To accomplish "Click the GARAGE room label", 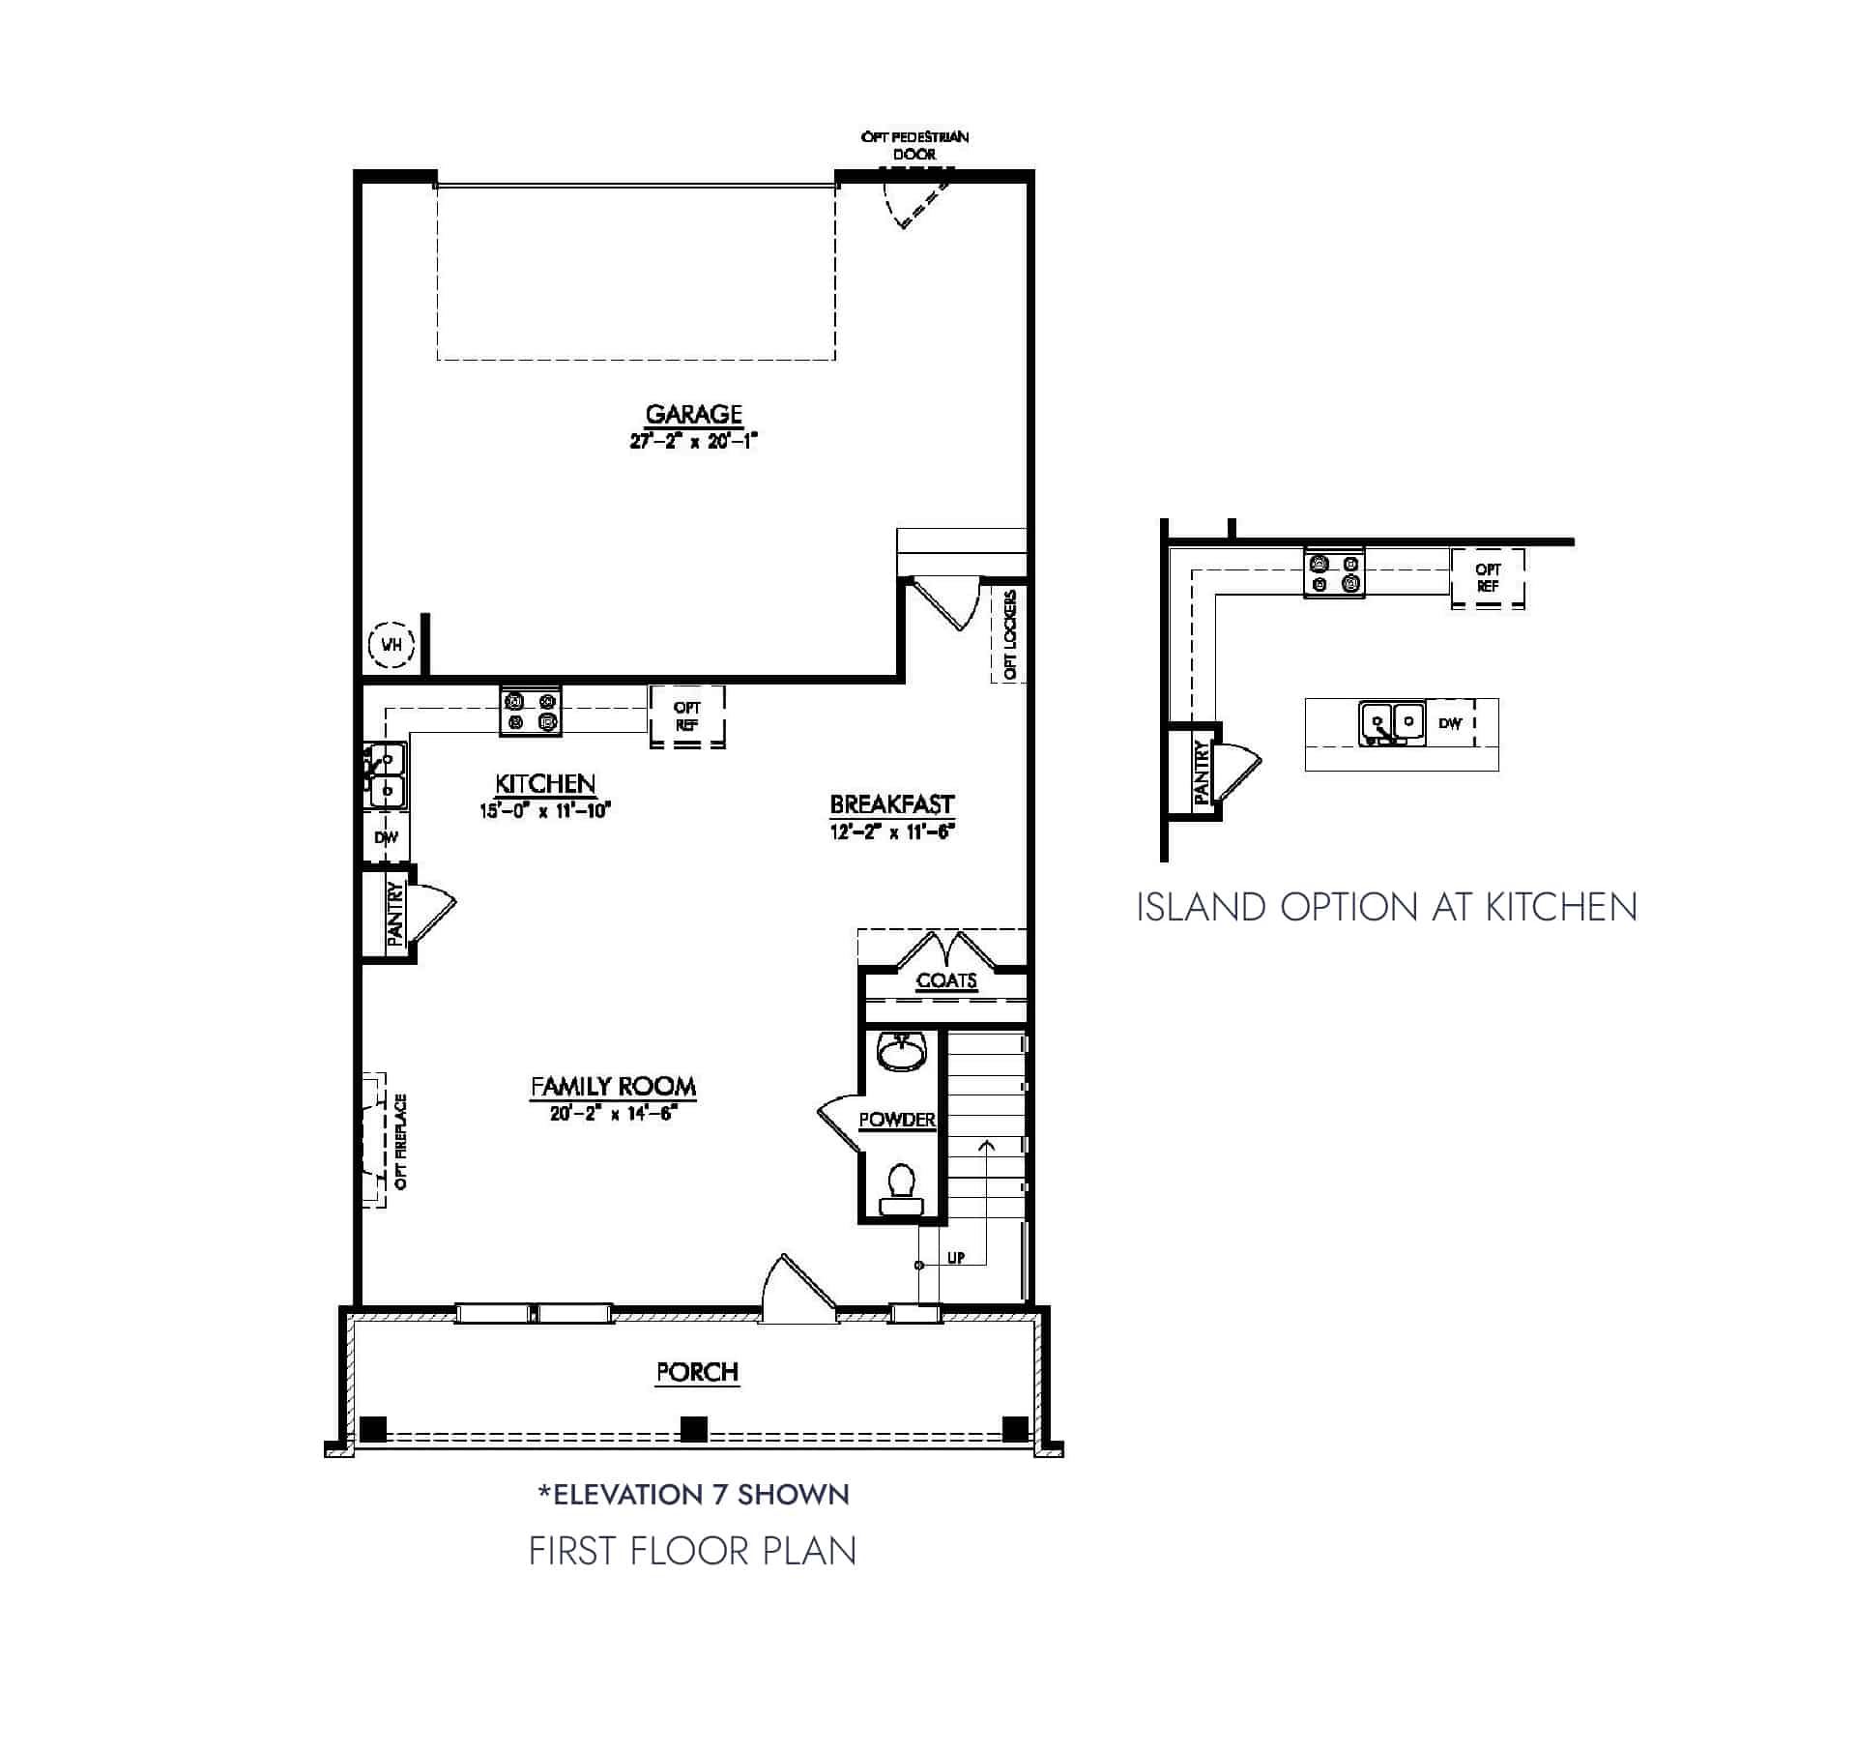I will tap(693, 414).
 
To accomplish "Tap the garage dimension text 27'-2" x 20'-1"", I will tap(693, 441).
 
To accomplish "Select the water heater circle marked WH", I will tap(391, 644).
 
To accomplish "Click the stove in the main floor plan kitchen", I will tap(531, 712).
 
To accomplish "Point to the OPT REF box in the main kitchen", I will tap(686, 716).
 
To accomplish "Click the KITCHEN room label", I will tap(545, 783).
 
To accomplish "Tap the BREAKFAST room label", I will tap(891, 804).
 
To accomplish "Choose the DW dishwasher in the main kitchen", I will tap(386, 838).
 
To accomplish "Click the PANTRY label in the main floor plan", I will tap(394, 913).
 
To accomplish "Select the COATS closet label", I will tap(946, 980).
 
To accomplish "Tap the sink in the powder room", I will tap(902, 1052).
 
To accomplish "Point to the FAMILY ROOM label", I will tap(613, 1087).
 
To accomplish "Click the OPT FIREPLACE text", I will tap(401, 1141).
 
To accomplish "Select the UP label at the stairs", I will tap(956, 1258).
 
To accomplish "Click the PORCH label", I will tap(697, 1372).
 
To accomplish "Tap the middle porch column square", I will tap(694, 1428).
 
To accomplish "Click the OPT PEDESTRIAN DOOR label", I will tap(914, 145).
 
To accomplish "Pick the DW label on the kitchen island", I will tap(1450, 723).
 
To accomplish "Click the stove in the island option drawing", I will tap(1334, 573).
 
